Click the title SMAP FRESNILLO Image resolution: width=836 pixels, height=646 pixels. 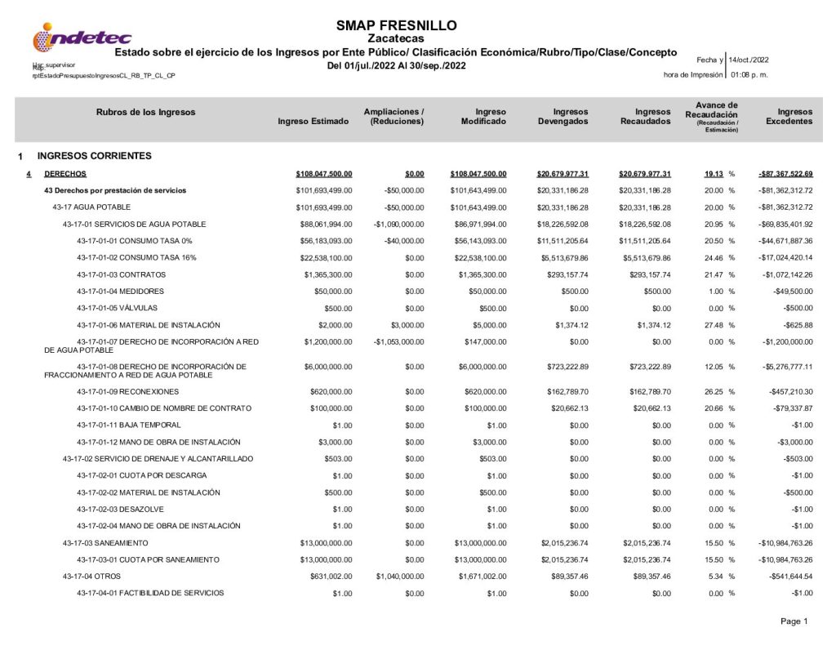click(x=396, y=25)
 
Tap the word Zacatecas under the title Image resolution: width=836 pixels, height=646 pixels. click(x=396, y=38)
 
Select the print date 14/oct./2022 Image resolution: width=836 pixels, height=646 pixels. click(x=748, y=60)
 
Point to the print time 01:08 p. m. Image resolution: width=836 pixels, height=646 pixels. click(x=749, y=75)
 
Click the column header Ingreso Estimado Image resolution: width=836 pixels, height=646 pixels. click(x=313, y=122)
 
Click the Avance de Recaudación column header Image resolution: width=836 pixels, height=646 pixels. click(x=710, y=117)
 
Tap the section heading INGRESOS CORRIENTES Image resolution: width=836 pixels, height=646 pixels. click(x=95, y=155)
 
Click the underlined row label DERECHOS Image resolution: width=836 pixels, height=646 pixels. click(x=64, y=173)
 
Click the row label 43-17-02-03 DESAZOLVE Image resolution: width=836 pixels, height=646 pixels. click(x=123, y=508)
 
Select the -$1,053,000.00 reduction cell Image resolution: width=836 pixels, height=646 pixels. click(x=398, y=341)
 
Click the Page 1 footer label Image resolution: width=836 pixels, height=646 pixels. click(x=794, y=622)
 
